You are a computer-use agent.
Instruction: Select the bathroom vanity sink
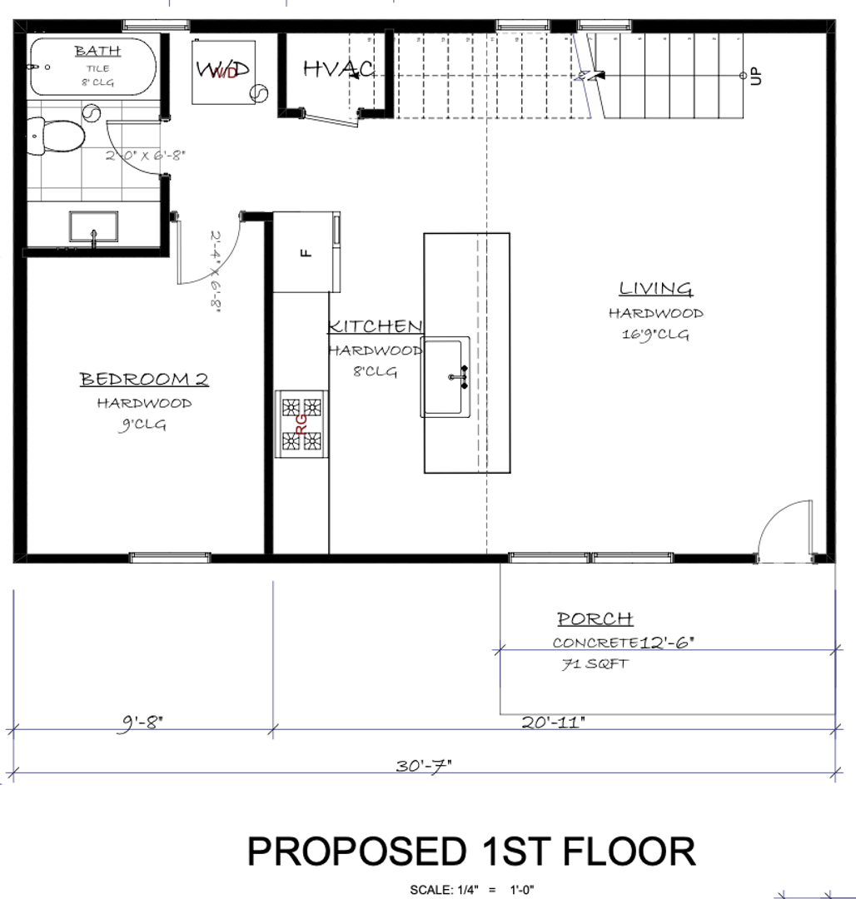click(92, 227)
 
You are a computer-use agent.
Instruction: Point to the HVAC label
click(337, 69)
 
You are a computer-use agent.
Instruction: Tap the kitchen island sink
click(445, 377)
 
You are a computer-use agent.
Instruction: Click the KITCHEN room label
click(375, 326)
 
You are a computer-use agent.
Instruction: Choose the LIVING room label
click(655, 289)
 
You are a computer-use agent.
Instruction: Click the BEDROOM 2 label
click(144, 380)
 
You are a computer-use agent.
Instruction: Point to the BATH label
click(97, 51)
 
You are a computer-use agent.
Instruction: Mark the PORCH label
click(595, 619)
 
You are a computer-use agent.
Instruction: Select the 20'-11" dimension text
click(554, 722)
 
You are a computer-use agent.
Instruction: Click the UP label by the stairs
click(756, 76)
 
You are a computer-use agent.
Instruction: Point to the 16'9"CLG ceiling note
click(655, 335)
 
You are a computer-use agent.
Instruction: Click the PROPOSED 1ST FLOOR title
click(471, 852)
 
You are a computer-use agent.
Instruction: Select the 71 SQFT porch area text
click(595, 664)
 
